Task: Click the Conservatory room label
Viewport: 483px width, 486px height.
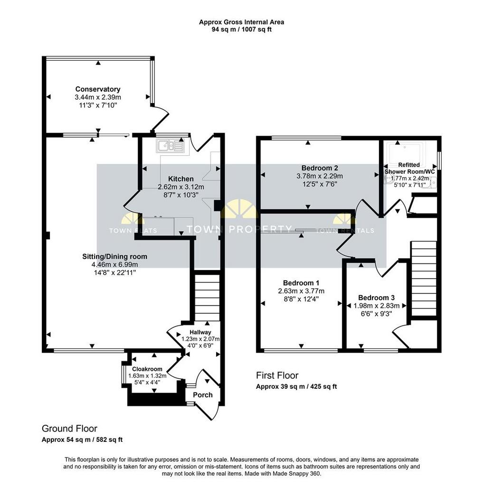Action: coord(98,89)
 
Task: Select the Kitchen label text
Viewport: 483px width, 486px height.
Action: coord(181,179)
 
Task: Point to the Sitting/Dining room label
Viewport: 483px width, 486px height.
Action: coord(115,257)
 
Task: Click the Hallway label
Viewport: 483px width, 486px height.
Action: coord(200,332)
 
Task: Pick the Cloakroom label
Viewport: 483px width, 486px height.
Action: coord(147,369)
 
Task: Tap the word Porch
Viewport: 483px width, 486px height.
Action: coord(203,395)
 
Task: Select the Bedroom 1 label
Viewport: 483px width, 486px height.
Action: coord(301,283)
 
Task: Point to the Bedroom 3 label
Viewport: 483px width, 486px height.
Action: coord(376,298)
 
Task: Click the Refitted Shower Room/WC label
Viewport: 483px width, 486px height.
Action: coord(409,168)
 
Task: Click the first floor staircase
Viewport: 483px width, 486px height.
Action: coord(424,279)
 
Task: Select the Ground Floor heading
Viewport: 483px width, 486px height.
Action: coord(69,429)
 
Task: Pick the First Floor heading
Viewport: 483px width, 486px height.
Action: coord(277,375)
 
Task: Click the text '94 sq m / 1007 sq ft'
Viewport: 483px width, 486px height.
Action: coord(242,30)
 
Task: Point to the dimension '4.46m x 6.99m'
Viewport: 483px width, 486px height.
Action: coord(115,265)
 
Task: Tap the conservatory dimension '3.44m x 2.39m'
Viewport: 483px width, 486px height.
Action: coord(98,97)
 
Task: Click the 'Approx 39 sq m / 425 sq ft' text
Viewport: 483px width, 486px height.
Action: coord(296,386)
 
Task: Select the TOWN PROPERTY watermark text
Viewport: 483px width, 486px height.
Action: coord(239,229)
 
